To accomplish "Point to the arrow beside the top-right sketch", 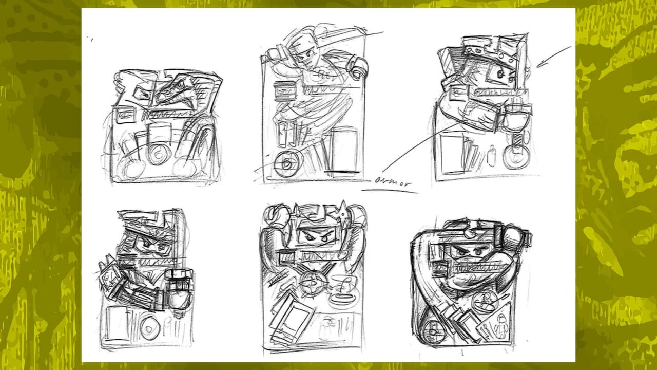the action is (554, 57).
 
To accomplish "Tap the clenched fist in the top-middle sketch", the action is (358, 68).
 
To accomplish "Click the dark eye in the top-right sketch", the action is (500, 73).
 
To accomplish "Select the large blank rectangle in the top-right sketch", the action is (452, 153).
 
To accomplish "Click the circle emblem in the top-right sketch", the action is (516, 157).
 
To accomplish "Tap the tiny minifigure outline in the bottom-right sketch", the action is (500, 326).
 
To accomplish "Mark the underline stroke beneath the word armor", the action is (390, 191).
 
